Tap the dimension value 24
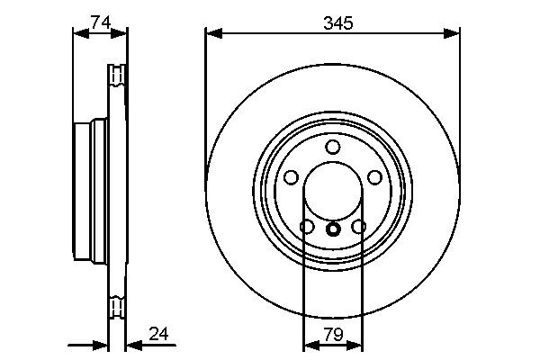pos(158,335)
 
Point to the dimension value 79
pos(332,335)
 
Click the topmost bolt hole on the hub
pos(333,147)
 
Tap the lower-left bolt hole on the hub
pos(307,227)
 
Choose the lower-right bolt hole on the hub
pos(359,227)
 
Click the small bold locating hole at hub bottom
pos(333,229)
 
